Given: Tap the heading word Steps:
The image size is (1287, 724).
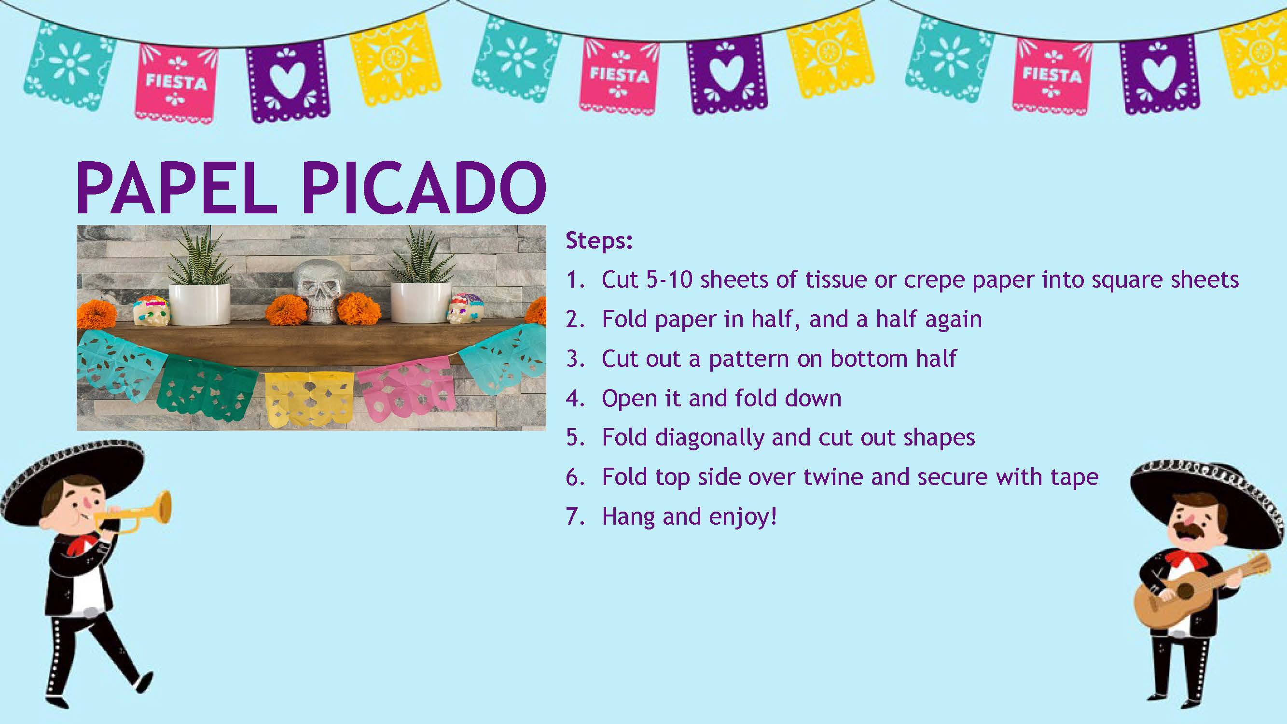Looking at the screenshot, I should [x=599, y=241].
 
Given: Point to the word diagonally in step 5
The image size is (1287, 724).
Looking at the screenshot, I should [x=709, y=438].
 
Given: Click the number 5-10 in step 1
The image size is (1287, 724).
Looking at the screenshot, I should [x=669, y=279].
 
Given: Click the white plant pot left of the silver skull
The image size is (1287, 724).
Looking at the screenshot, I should [x=199, y=303].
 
